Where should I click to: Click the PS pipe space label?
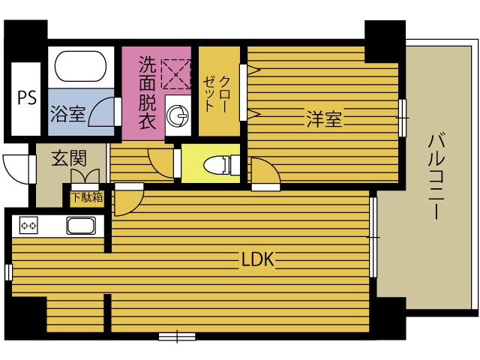click(x=27, y=97)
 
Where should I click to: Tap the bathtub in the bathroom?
click(x=80, y=67)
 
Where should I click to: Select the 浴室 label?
click(x=68, y=114)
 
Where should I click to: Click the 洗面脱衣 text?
click(x=147, y=92)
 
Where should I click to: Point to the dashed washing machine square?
click(x=176, y=74)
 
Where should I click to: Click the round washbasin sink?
click(x=178, y=115)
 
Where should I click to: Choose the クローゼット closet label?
click(x=216, y=94)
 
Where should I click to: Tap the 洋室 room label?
click(x=324, y=118)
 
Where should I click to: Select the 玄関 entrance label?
click(x=69, y=158)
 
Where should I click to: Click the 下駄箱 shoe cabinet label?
click(x=87, y=197)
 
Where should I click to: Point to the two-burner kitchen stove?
click(x=28, y=226)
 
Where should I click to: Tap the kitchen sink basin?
click(x=81, y=226)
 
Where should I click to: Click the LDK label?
click(x=258, y=259)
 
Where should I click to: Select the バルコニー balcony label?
click(x=436, y=176)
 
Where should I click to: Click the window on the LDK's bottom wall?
click(x=177, y=337)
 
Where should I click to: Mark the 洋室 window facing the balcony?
click(x=403, y=118)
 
